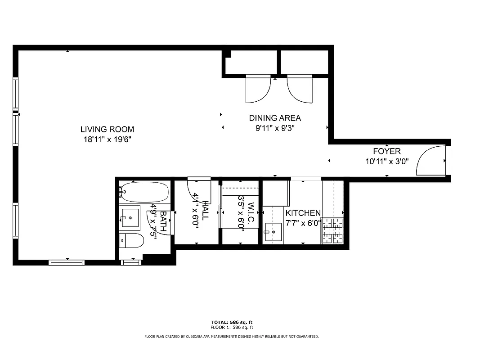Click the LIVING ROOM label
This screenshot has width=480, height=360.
pos(107,130)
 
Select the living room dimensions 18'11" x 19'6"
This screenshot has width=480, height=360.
pos(107,139)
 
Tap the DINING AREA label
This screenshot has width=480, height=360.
pos(275,118)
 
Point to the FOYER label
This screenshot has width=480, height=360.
pos(386,151)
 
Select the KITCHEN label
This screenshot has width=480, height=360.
pos(303,213)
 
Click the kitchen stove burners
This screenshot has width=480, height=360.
pos(332,231)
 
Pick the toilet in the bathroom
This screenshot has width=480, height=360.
pos(131,241)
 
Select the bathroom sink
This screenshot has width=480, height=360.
pos(130,218)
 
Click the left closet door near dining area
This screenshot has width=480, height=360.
pos(258,89)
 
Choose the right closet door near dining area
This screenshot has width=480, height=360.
pos(300,88)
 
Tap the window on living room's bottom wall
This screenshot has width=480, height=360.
pos(67,262)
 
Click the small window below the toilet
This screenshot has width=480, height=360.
pos(131,262)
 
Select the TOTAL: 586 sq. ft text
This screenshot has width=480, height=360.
pos(232,322)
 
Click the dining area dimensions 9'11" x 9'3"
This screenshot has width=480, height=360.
pos(275,128)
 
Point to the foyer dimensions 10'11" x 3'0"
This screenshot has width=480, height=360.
pos(386,161)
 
